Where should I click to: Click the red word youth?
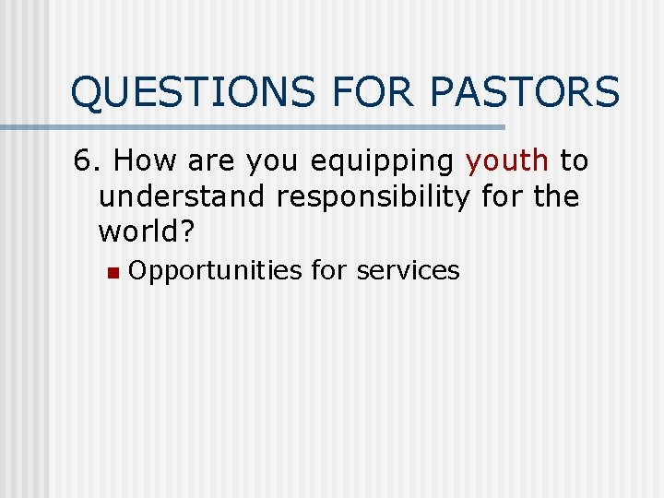pos(507,161)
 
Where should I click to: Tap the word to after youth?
pos(574,161)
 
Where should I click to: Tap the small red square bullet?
pos(111,272)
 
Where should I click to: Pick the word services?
pos(408,270)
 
